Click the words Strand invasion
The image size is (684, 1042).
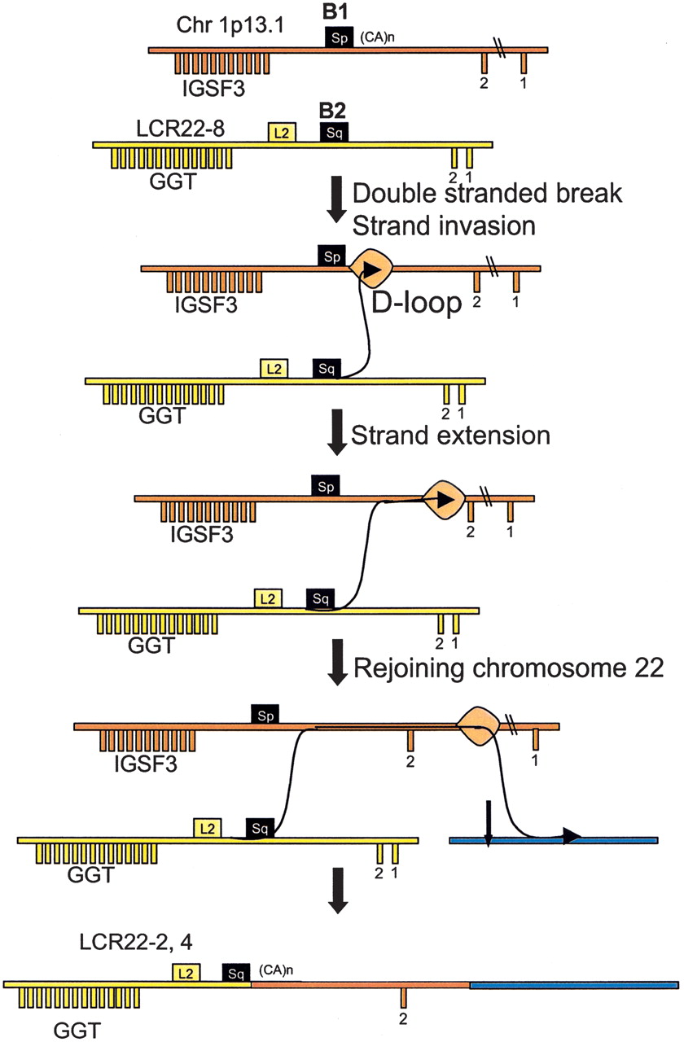tap(444, 226)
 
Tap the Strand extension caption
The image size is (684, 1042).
tap(451, 436)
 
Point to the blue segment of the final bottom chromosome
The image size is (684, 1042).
tap(574, 985)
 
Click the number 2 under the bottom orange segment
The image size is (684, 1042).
tap(404, 1017)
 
